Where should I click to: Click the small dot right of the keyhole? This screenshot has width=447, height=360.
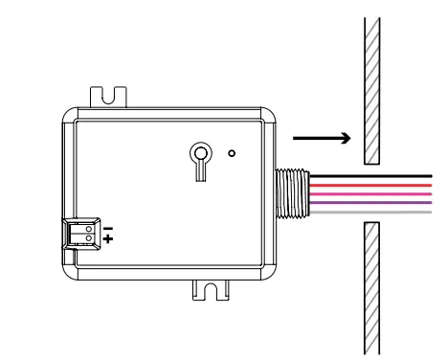point(231,152)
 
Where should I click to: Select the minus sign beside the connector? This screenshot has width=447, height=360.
point(108,226)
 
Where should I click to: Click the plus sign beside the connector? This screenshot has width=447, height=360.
point(108,236)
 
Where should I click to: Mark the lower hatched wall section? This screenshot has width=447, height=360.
point(372,287)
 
